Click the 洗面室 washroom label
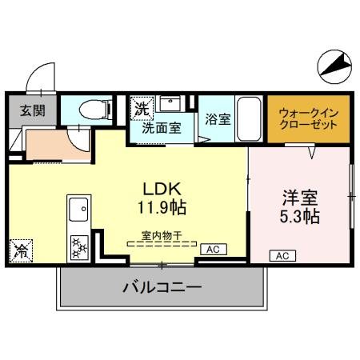162,126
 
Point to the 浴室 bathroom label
218,120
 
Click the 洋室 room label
300,196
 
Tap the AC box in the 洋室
282,256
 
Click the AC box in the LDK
213,250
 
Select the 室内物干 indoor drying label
162,235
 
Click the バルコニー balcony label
162,286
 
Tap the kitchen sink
79,211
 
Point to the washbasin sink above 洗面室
170,105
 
